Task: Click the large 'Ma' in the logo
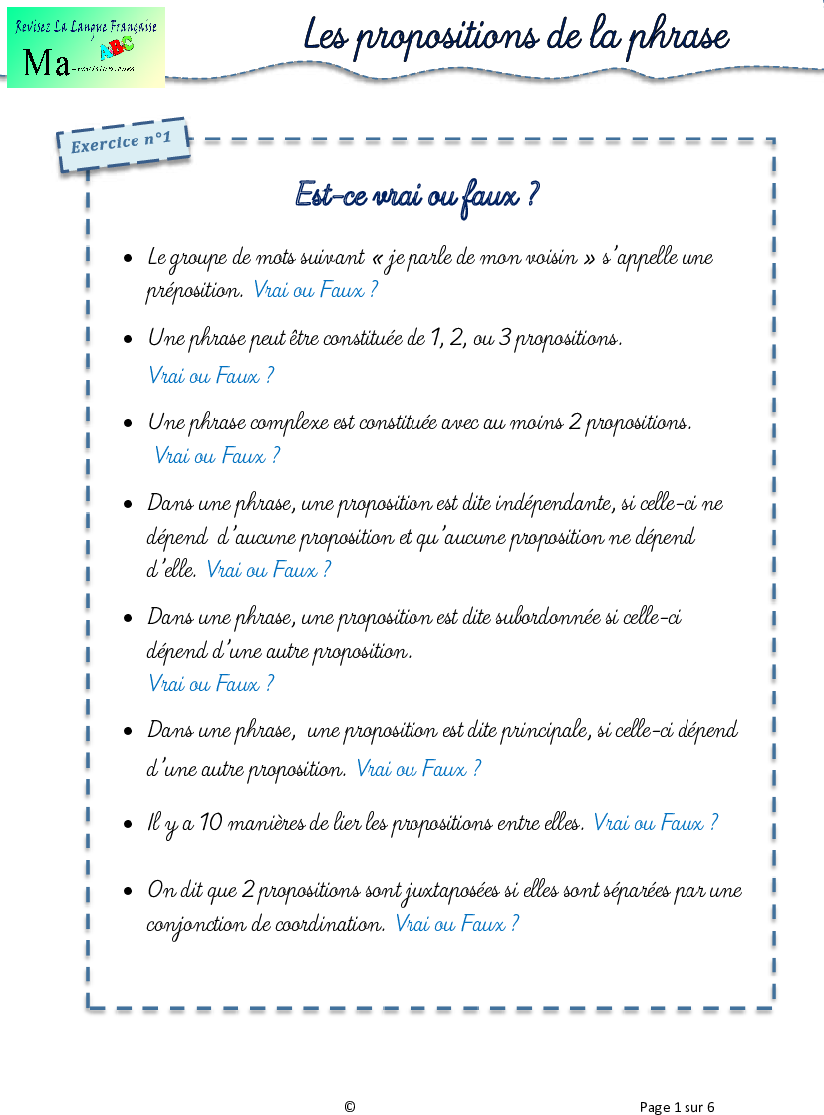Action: point(46,63)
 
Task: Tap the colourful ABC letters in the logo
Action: point(116,48)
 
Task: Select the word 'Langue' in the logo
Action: point(94,27)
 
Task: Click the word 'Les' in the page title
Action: point(325,36)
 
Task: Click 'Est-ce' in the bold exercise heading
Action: point(330,195)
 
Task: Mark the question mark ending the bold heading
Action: point(532,195)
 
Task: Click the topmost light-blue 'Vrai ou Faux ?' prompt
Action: point(315,290)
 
